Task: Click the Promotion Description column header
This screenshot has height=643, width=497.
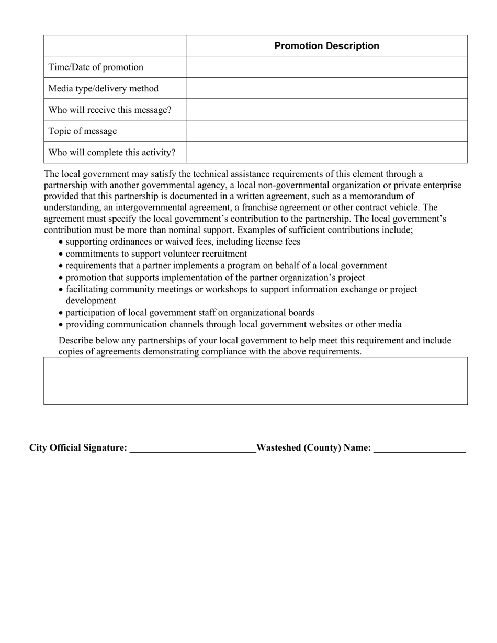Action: point(326,46)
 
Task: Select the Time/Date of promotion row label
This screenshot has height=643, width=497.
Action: point(96,67)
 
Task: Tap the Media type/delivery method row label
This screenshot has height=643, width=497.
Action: point(103,89)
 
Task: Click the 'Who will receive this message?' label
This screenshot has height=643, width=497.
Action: point(110,110)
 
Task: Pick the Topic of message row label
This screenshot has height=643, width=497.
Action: point(83,131)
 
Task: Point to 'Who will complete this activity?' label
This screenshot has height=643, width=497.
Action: point(112,153)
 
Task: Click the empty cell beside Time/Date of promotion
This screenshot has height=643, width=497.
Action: point(326,67)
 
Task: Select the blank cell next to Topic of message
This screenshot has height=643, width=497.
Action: point(326,131)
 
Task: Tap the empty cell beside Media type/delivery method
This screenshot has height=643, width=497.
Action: point(326,89)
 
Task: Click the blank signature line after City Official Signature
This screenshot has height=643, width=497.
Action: point(192,449)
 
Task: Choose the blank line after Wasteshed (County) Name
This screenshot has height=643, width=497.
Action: point(420,449)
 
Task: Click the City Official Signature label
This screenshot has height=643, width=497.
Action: point(78,448)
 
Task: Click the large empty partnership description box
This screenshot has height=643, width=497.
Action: point(255,381)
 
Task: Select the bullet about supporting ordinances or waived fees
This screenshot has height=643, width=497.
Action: point(183,242)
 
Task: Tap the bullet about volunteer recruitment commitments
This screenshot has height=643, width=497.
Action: point(156,254)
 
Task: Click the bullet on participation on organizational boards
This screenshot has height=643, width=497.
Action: point(189,313)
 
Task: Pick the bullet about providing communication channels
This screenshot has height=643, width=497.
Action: point(233,325)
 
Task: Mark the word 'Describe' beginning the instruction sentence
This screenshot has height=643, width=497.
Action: point(76,341)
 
